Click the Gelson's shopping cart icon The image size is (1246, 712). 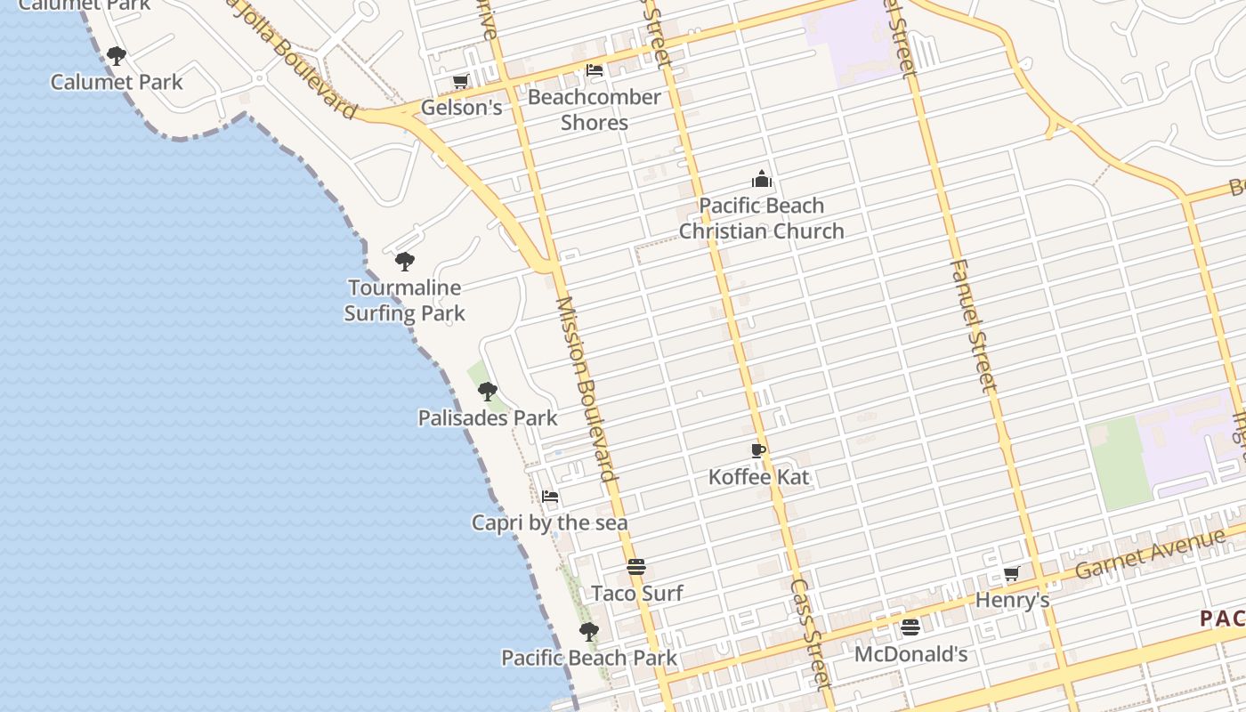tap(460, 82)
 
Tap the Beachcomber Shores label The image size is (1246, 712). tap(595, 109)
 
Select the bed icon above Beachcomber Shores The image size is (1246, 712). tap(595, 69)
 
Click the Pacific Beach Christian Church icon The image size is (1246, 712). tap(761, 179)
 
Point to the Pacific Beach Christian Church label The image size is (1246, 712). tap(761, 218)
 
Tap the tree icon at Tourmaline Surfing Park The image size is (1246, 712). tap(405, 262)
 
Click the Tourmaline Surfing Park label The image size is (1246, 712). tap(405, 300)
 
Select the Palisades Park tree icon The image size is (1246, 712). tap(487, 391)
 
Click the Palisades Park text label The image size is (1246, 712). tap(488, 417)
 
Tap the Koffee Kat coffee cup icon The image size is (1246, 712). tap(758, 451)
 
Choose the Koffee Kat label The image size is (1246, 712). tap(759, 477)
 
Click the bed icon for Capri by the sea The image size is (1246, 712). tap(550, 497)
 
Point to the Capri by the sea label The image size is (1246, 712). tap(550, 522)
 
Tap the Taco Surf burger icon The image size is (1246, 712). tap(636, 567)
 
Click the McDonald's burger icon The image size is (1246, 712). tap(910, 627)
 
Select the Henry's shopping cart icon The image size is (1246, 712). tap(1011, 574)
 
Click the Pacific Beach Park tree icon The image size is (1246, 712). tap(588, 632)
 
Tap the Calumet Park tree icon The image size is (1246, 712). tap(116, 56)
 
